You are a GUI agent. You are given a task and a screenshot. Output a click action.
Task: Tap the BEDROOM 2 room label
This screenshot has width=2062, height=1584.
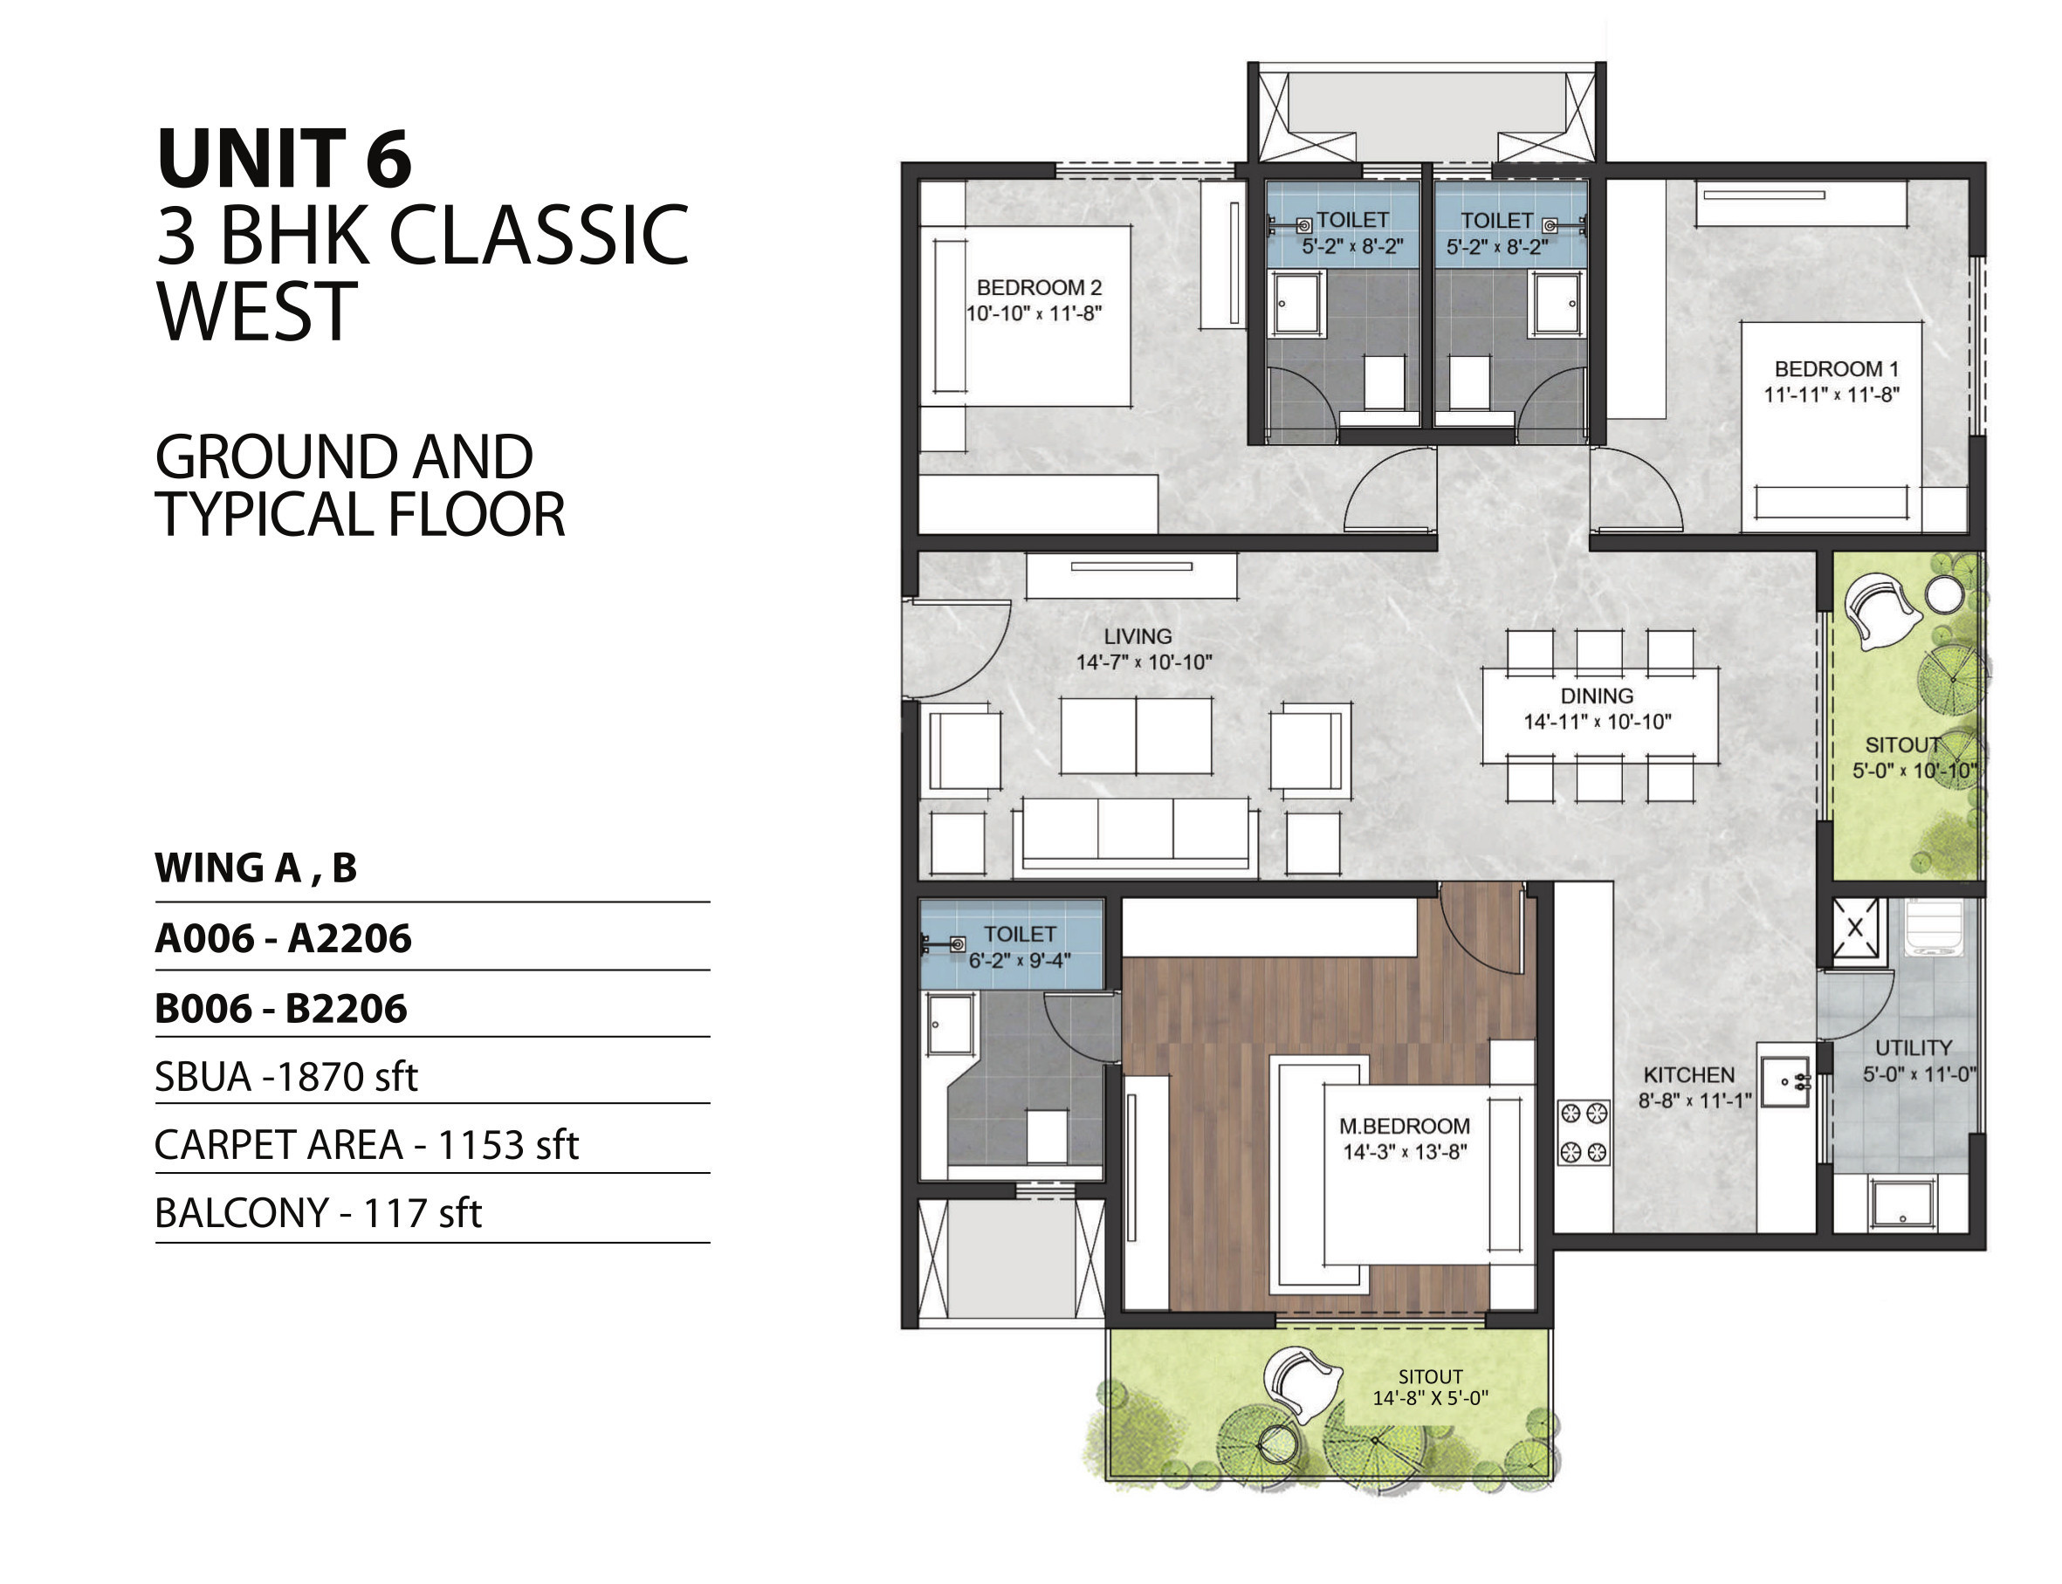pyautogui.click(x=1039, y=286)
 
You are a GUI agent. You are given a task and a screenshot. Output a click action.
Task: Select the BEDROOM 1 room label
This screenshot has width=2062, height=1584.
pyautogui.click(x=1836, y=368)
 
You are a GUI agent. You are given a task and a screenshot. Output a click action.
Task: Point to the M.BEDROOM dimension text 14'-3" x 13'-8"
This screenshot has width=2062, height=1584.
pyautogui.click(x=1405, y=1151)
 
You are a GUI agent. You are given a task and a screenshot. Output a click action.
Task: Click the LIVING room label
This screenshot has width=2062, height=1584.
pyautogui.click(x=1138, y=636)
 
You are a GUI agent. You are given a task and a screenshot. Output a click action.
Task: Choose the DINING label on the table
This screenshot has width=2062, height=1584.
pyautogui.click(x=1597, y=696)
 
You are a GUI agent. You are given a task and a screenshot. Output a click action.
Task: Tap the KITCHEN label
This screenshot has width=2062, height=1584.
pyautogui.click(x=1688, y=1075)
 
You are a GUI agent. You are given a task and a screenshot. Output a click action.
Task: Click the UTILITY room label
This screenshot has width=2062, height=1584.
pyautogui.click(x=1913, y=1047)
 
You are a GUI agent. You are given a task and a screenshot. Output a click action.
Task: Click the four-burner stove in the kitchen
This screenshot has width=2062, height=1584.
pyautogui.click(x=1583, y=1131)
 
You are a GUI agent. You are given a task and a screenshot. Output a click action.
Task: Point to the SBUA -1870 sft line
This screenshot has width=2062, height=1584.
pyautogui.click(x=285, y=1077)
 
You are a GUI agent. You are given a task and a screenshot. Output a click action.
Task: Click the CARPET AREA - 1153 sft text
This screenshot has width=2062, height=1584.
pyautogui.click(x=366, y=1145)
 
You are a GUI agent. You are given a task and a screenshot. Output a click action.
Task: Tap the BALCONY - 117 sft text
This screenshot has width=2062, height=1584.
pyautogui.click(x=318, y=1212)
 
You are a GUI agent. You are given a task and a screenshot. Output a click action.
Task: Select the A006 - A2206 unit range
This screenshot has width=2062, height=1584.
pyautogui.click(x=283, y=938)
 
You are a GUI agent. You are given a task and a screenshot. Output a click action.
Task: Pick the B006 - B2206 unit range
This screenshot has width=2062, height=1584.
pyautogui.click(x=281, y=1009)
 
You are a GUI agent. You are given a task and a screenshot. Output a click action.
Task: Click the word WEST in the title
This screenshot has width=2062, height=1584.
pyautogui.click(x=257, y=312)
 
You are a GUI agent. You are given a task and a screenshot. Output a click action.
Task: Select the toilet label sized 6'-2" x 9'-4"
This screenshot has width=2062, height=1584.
pyautogui.click(x=1020, y=947)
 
